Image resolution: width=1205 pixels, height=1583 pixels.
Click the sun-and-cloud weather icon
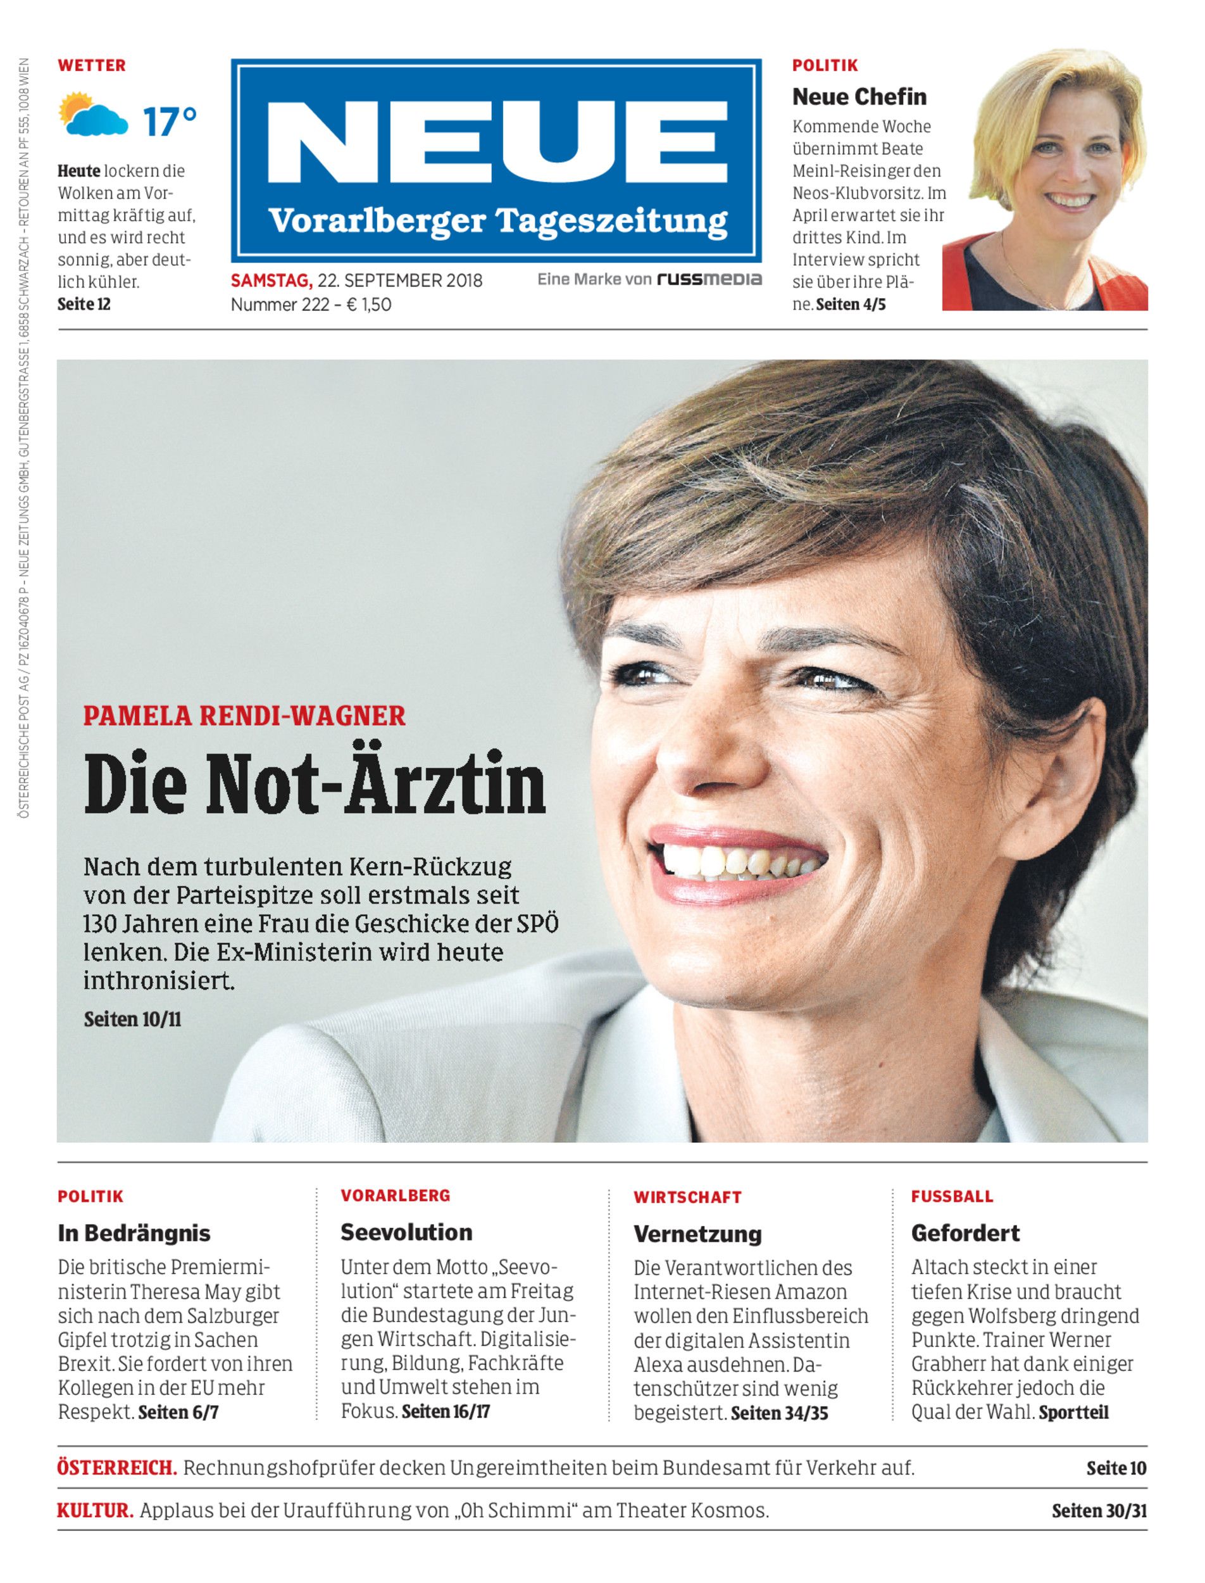92,114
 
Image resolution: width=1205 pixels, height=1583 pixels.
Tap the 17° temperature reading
169,122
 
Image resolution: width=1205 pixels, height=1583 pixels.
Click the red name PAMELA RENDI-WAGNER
244,716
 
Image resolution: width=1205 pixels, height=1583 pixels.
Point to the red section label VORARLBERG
395,1195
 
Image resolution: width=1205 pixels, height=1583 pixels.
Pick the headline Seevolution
406,1233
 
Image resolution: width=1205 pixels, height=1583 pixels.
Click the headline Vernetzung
697,1234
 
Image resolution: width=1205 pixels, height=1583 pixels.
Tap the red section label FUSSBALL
952,1196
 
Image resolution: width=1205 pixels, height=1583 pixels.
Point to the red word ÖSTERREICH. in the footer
117,1468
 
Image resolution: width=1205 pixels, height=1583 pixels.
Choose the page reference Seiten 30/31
1099,1511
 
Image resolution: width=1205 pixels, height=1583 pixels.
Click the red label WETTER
92,65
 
